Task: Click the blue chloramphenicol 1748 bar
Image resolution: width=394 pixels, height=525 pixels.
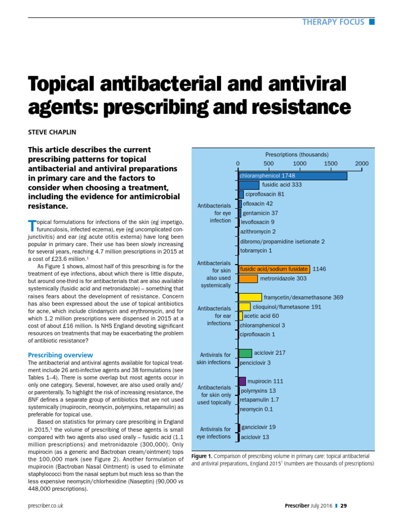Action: click(292, 176)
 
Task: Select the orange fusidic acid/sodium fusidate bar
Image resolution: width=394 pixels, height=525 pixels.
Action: click(274, 269)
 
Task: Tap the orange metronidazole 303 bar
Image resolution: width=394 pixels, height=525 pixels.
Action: click(248, 278)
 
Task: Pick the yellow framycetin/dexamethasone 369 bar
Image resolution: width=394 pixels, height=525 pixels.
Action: click(250, 297)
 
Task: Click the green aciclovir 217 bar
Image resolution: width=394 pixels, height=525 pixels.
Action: click(245, 353)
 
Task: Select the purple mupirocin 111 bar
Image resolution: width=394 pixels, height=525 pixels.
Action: click(242, 381)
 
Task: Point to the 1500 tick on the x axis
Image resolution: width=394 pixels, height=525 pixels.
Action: click(331, 164)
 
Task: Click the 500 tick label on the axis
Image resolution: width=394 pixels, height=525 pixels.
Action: click(269, 164)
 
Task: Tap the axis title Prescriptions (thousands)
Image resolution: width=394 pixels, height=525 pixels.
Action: click(297, 154)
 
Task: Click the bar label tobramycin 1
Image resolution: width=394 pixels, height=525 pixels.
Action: click(256, 251)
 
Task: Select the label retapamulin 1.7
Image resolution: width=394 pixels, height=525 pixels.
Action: click(260, 400)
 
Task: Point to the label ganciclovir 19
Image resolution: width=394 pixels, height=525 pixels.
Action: click(259, 427)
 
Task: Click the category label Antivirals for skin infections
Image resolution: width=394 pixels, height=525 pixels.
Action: click(213, 358)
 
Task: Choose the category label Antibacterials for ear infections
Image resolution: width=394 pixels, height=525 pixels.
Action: click(213, 316)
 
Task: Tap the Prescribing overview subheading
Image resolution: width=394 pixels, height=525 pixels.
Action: click(60, 355)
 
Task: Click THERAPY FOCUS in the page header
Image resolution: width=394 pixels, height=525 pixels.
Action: click(333, 22)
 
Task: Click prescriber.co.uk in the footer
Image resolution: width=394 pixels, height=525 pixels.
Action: click(46, 506)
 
